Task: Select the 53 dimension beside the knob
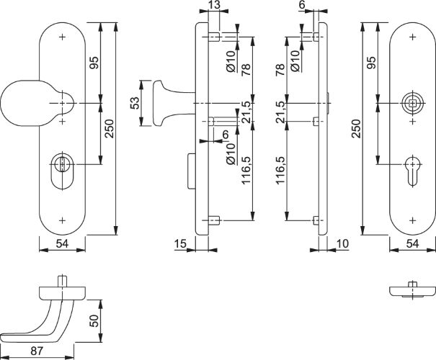coord(135,104)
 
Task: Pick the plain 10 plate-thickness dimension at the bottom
coord(342,245)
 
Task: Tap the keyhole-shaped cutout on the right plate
coord(411,164)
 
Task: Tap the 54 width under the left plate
coord(62,245)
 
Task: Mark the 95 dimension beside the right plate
coord(370,63)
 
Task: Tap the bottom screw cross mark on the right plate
coord(411,219)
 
